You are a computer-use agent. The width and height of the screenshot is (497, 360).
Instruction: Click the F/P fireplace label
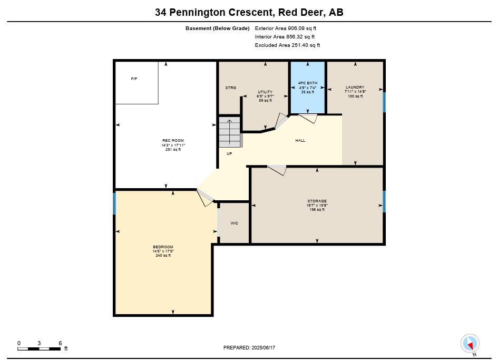[x=134, y=79]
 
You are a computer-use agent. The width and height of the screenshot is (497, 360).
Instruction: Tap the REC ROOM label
[x=173, y=140]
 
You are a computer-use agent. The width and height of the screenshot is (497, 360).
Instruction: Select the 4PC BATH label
[x=307, y=83]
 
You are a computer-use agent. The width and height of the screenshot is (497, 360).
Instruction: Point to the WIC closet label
[x=234, y=223]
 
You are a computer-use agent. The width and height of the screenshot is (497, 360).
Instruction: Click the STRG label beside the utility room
[x=231, y=88]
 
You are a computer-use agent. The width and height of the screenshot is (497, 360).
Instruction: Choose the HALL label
[x=300, y=140]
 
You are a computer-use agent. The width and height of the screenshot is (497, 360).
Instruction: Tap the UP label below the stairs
[x=229, y=154]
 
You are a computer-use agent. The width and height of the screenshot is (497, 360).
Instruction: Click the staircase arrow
[x=229, y=132]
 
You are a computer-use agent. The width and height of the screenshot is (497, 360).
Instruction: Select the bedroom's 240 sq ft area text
[x=163, y=256]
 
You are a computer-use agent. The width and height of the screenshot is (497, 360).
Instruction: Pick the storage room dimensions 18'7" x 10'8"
[x=317, y=206]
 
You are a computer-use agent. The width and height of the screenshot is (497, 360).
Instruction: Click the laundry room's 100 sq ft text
[x=355, y=96]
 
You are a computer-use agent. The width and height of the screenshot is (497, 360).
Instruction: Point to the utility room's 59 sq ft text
[x=265, y=101]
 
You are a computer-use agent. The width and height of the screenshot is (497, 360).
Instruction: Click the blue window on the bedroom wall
[x=114, y=203]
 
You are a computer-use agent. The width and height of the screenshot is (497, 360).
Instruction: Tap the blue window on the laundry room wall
[x=384, y=102]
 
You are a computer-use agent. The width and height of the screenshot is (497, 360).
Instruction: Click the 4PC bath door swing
[x=308, y=118]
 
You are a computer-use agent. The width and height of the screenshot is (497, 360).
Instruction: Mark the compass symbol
[x=470, y=344]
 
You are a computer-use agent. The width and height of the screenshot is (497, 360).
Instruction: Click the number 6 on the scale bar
[x=60, y=343]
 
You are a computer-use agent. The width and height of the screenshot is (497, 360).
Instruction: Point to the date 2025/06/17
[x=263, y=348]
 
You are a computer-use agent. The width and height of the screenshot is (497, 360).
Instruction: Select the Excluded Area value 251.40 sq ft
[x=306, y=45]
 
